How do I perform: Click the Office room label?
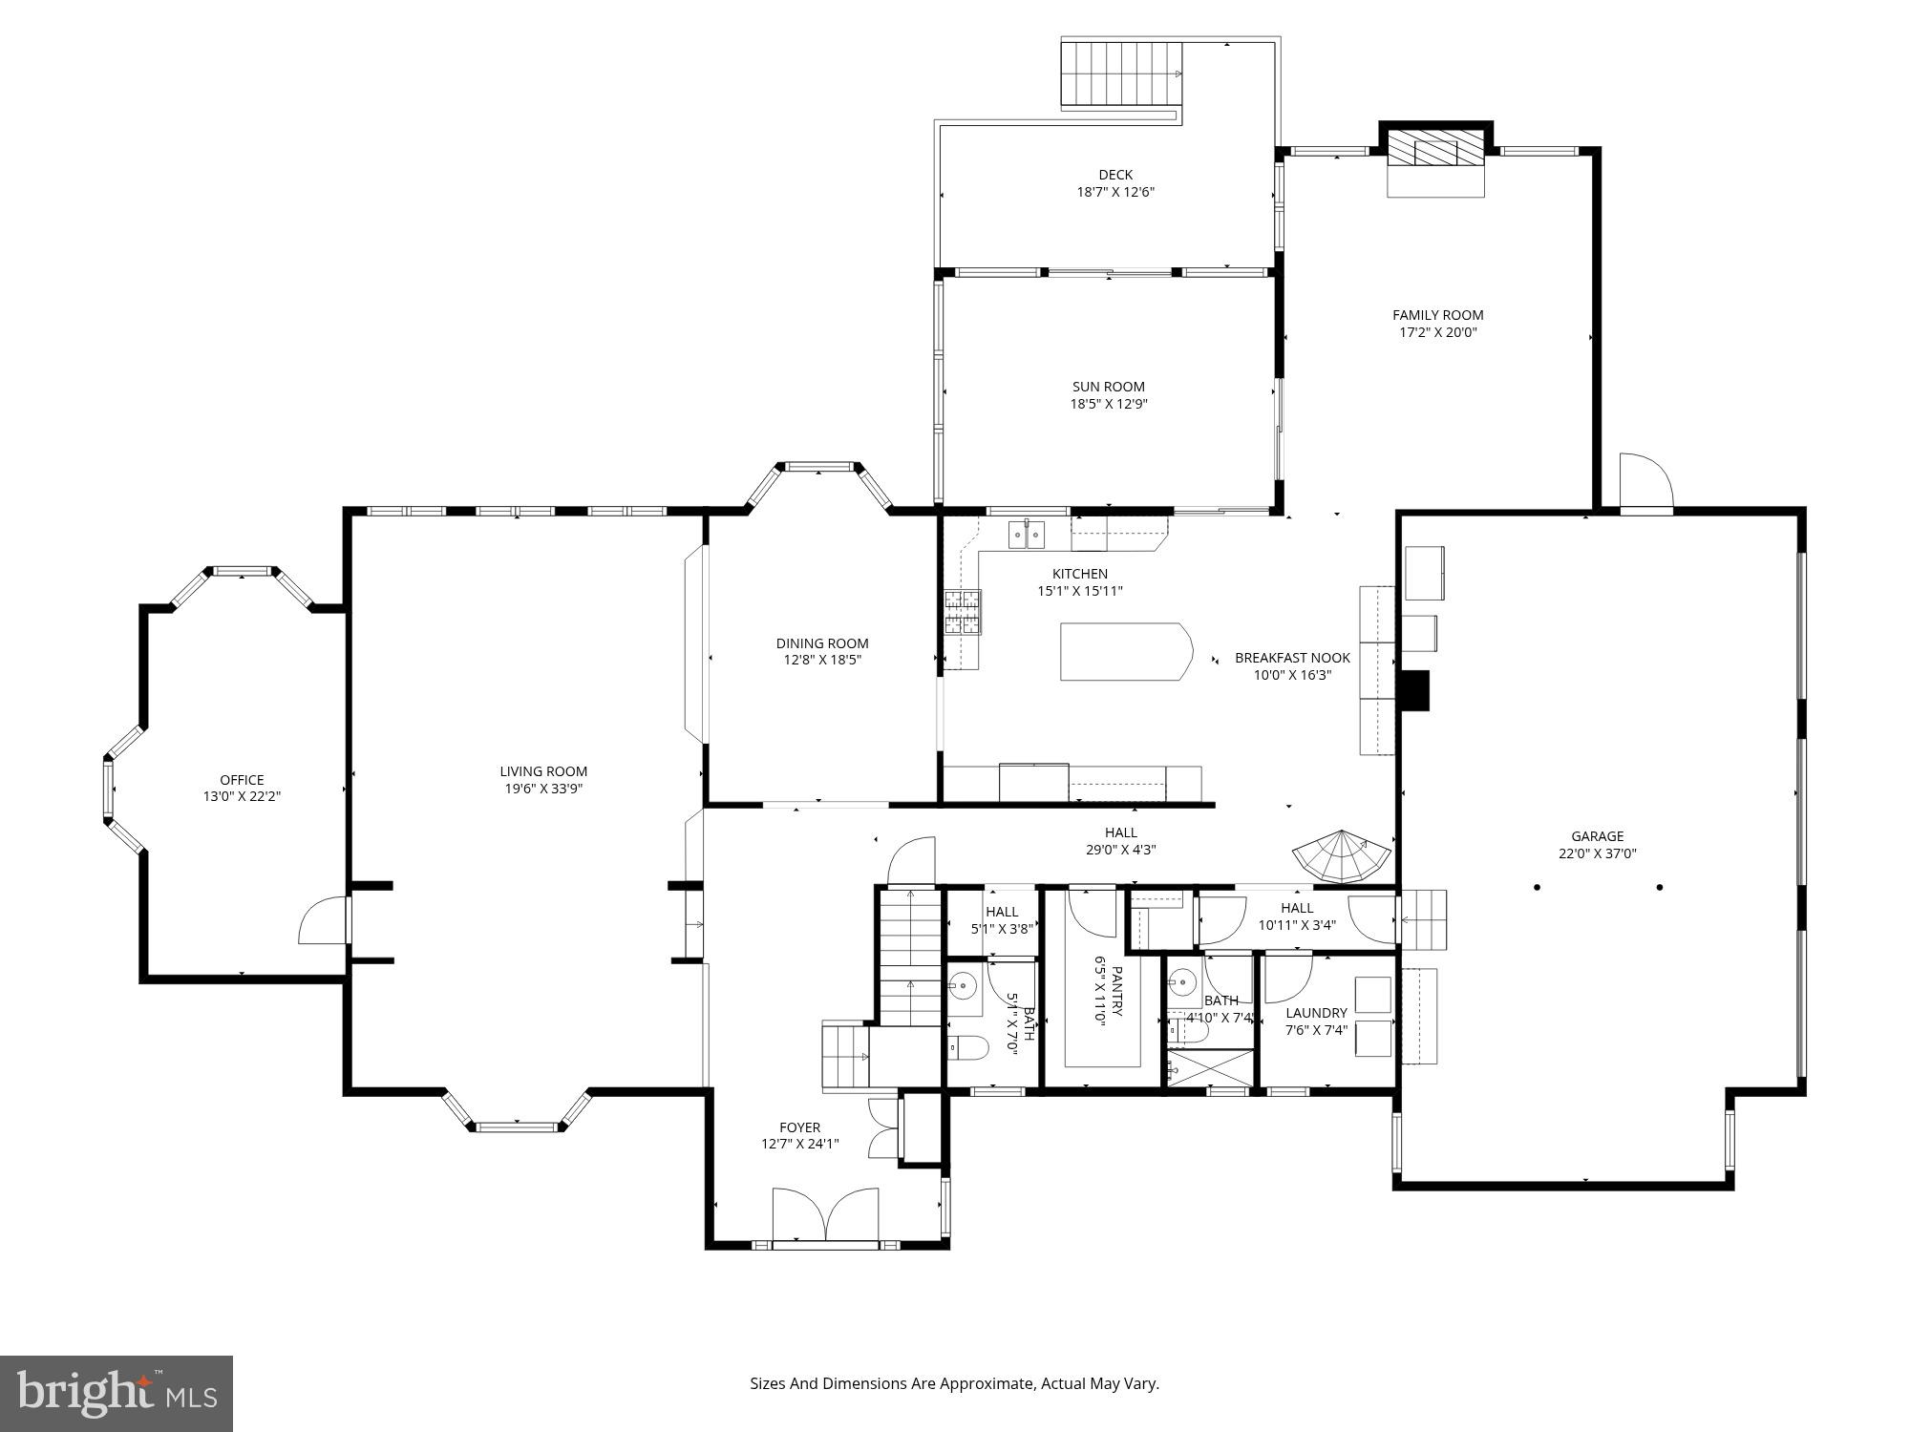point(242,780)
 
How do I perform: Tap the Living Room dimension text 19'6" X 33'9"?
point(543,789)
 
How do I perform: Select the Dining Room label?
point(821,643)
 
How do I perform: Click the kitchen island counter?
point(1125,652)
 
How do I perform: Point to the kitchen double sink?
point(1027,535)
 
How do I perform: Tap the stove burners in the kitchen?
point(962,612)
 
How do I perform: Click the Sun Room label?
point(1108,387)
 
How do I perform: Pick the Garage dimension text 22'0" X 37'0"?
point(1597,854)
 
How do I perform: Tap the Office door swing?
point(322,920)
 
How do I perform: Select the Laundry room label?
point(1316,1013)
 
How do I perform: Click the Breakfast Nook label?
point(1292,658)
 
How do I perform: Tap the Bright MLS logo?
point(116,1395)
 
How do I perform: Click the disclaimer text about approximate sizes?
point(954,1383)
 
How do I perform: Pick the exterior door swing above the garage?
point(1645,484)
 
